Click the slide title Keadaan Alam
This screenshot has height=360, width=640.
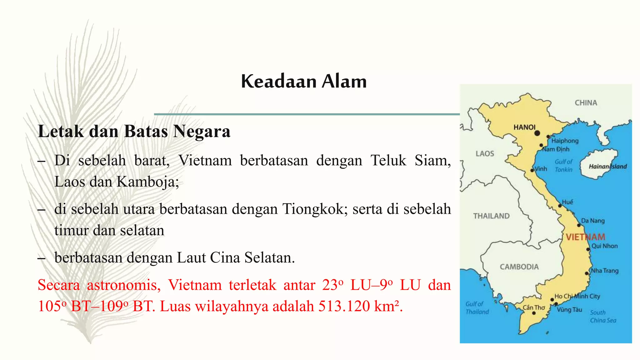[x=304, y=81]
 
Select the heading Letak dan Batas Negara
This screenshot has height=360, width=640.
[x=134, y=131]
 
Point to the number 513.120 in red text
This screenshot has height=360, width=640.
[x=343, y=306]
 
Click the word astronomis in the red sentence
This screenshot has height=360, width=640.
[x=124, y=285]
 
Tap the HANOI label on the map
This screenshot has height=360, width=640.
[x=524, y=127]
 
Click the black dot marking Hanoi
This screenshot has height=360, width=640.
[x=537, y=133]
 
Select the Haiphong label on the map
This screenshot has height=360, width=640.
[x=565, y=141]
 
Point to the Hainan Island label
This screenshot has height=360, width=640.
[x=607, y=167]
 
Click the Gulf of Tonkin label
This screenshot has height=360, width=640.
[x=563, y=166]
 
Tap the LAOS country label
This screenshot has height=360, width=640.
[x=485, y=153]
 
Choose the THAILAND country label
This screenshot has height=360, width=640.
[x=491, y=216]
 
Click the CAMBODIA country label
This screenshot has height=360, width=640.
[x=519, y=267]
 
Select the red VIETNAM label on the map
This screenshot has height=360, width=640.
[x=585, y=237]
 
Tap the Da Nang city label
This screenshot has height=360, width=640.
[x=593, y=221]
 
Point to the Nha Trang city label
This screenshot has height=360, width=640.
[x=604, y=271]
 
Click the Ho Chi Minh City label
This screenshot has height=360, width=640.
[x=577, y=296]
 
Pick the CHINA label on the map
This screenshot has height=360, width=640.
[x=586, y=103]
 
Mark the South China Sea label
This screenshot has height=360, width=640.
[x=603, y=316]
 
